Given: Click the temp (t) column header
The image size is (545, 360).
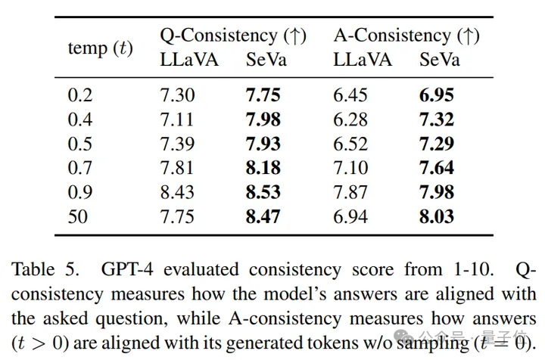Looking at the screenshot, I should tap(100, 48).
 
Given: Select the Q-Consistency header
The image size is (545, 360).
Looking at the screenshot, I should tap(232, 36).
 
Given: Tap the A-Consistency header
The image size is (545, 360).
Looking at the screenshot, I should tap(406, 36).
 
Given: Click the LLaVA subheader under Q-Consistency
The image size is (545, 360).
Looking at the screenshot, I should tap(189, 61).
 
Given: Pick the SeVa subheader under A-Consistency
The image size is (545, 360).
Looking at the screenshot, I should tap(440, 61).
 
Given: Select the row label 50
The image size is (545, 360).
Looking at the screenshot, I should tap(78, 216).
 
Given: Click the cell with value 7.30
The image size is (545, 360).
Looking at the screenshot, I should tap(177, 95).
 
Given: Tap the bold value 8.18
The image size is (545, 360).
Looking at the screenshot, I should tap(263, 168).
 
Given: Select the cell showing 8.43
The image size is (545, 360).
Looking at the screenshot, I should tap(177, 192).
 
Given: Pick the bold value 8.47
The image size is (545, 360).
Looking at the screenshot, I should tap(263, 216).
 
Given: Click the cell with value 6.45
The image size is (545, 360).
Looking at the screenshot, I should tap(350, 95).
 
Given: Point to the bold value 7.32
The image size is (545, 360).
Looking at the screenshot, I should tap(437, 119).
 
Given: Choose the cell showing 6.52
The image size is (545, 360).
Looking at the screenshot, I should tap(350, 144).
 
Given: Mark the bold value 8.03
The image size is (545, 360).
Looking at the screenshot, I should tap(437, 216).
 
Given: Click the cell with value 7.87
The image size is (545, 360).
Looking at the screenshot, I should tap(350, 192).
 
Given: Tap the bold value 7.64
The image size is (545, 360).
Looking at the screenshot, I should tap(437, 168).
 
